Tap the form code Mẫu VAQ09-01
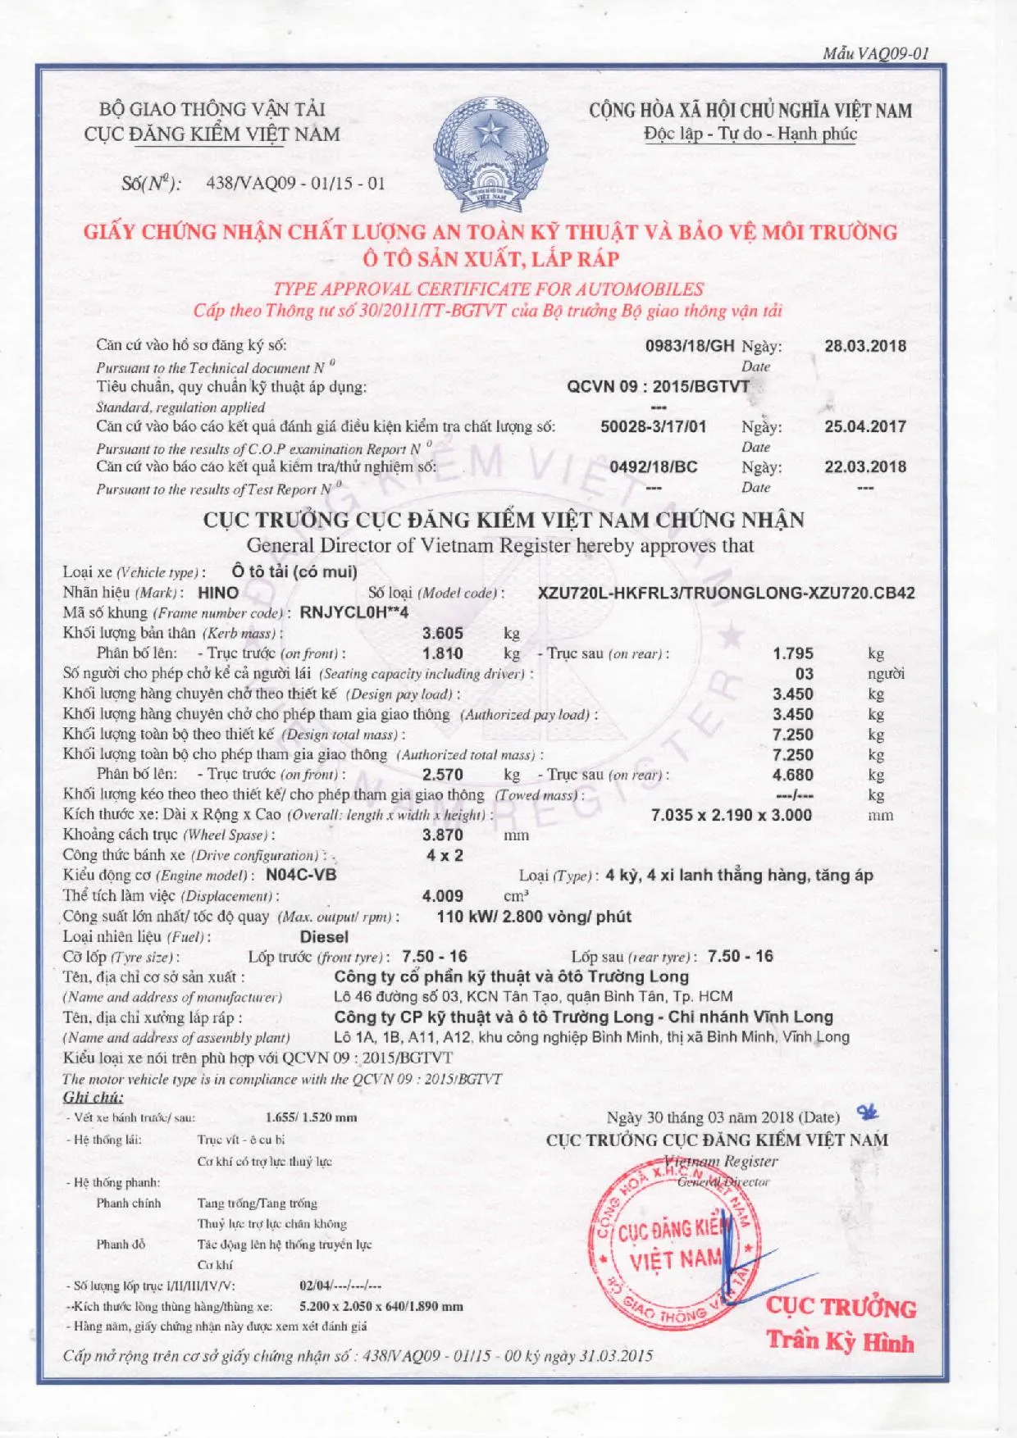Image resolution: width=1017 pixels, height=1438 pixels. coord(876,54)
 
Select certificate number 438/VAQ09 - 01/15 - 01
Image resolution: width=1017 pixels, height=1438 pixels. coord(295,183)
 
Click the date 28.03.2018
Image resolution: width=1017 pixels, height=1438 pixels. coord(865,345)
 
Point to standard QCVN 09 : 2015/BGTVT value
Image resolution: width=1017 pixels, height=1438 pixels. coord(658,386)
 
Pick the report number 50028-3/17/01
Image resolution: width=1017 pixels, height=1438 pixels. coord(653,426)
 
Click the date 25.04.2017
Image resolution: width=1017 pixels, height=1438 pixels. coord(865,426)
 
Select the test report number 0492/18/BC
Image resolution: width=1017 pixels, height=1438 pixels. coord(653,466)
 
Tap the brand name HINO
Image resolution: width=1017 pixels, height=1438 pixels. coord(218,593)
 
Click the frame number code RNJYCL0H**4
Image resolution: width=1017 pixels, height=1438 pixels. coord(354,612)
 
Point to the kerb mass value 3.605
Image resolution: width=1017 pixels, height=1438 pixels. coord(443,633)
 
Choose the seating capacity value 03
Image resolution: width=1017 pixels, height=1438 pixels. coord(805,674)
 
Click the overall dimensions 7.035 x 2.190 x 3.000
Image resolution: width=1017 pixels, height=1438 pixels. coord(731,815)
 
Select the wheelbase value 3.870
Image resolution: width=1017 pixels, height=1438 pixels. coord(443,835)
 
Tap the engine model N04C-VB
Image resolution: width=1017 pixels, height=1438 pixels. coord(301,875)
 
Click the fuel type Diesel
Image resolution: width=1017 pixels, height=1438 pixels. coord(324,936)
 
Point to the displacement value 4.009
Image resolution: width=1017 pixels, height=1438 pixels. coord(443,896)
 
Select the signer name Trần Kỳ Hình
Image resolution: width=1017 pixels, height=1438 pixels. coord(840,1342)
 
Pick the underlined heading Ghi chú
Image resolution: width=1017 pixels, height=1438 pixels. coord(93,1097)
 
